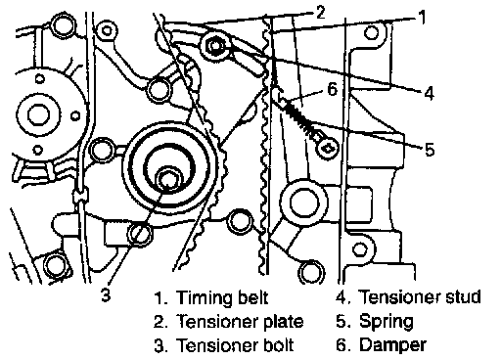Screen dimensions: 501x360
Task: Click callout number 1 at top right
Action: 422,17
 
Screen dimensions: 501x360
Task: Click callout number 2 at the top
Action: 321,13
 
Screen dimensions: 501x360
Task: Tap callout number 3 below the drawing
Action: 106,294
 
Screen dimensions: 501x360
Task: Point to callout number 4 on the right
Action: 430,93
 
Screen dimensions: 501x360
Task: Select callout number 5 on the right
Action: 430,149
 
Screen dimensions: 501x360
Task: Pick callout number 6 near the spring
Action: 332,88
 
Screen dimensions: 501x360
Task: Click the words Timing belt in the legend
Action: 222,297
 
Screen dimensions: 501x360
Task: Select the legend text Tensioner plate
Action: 240,321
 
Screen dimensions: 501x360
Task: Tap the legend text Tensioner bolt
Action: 235,345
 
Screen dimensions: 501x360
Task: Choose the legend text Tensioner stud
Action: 420,296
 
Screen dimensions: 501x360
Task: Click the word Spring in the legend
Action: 387,322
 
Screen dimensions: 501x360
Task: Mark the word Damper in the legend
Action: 392,345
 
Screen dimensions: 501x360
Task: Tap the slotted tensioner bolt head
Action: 141,234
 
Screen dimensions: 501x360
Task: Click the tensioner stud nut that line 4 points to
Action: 215,46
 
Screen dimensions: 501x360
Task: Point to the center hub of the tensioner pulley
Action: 168,179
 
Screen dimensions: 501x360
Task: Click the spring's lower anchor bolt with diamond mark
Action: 328,148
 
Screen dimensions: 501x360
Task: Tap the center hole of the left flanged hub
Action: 39,115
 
